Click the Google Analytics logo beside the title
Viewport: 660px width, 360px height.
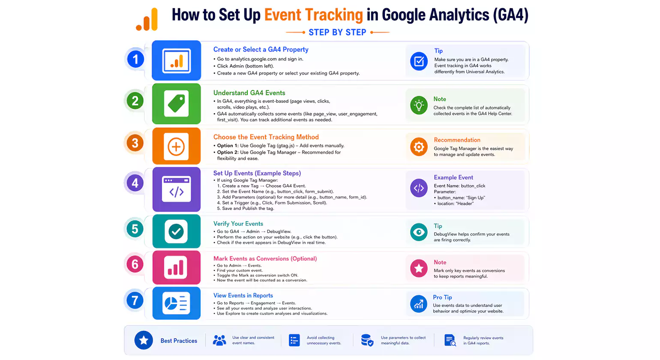[147, 20]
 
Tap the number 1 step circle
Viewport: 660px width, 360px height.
[135, 59]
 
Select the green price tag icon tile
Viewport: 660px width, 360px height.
[176, 104]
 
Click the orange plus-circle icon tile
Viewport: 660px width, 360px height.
[176, 146]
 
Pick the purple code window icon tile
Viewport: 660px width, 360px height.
[176, 189]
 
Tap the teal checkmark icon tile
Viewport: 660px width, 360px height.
[176, 231]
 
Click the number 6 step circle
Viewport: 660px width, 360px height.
[135, 264]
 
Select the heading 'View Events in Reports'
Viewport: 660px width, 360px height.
[243, 296]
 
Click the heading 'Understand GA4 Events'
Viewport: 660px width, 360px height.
[249, 93]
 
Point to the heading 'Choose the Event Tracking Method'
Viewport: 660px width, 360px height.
[266, 137]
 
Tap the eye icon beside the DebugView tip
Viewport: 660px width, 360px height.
[419, 232]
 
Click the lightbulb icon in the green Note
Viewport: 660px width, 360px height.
[419, 105]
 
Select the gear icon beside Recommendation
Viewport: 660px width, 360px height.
[419, 147]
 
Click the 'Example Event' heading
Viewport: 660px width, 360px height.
[453, 177]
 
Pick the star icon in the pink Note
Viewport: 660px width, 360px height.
[419, 268]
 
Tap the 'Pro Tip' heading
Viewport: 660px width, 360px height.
[442, 297]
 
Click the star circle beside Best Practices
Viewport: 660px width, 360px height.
[144, 340]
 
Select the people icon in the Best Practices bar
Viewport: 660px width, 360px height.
[219, 340]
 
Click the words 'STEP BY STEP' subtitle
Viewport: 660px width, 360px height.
[337, 33]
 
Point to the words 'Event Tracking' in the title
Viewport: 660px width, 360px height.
[313, 15]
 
